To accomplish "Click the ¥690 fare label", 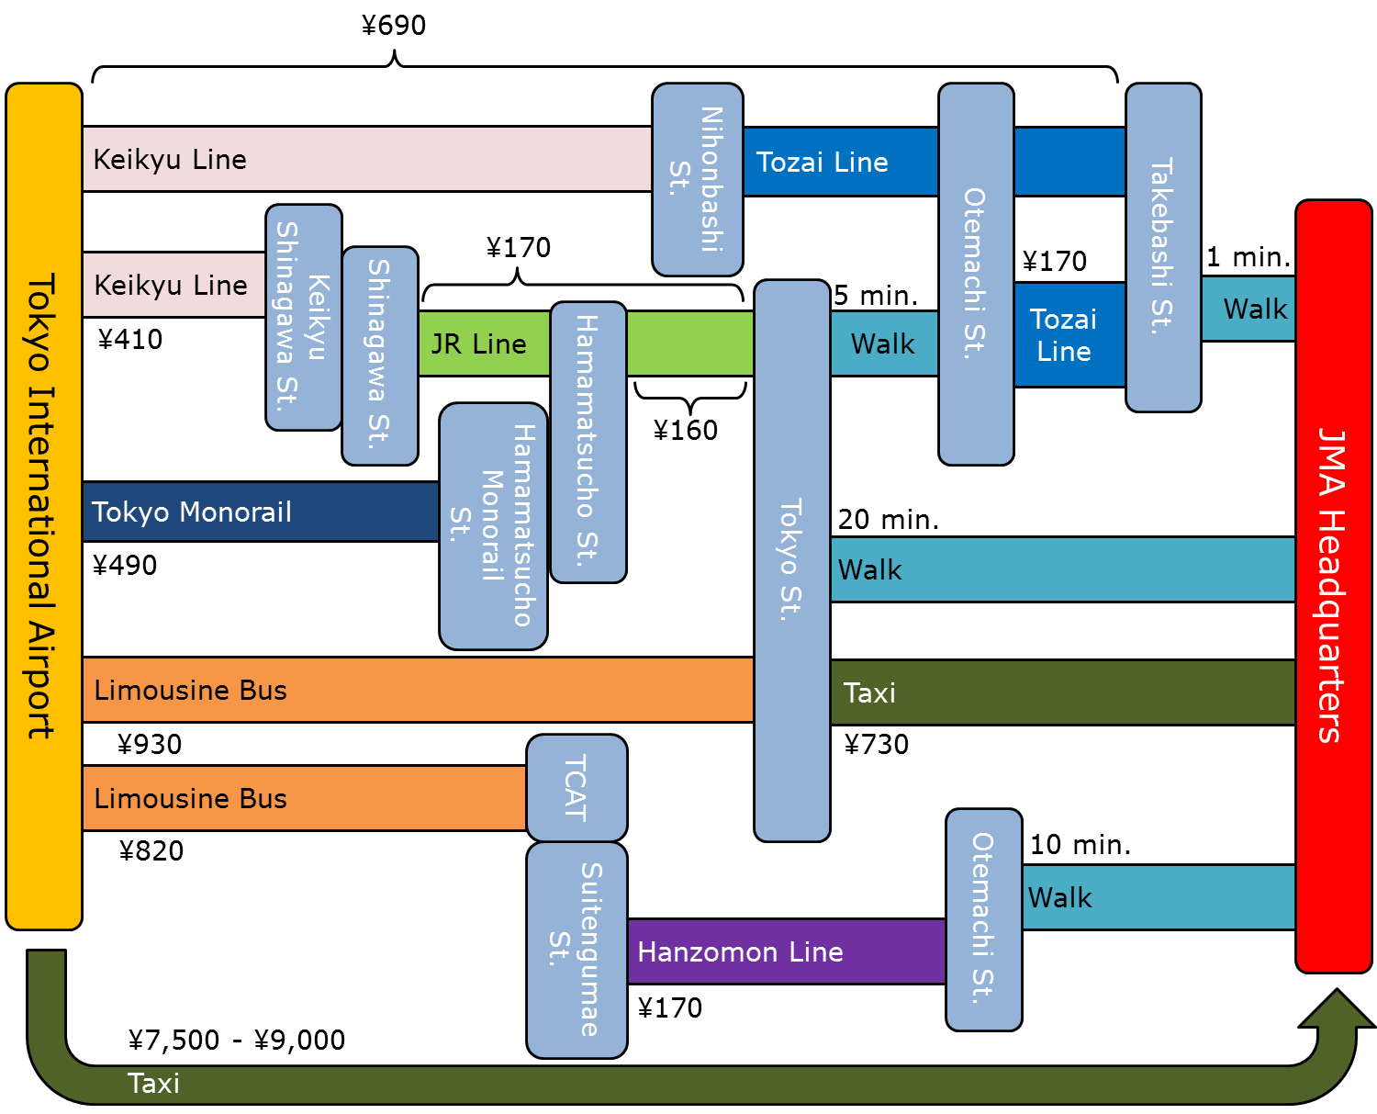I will [394, 25].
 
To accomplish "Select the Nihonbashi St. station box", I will [698, 179].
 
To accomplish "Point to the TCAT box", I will [577, 787].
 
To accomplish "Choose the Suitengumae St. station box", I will [577, 950].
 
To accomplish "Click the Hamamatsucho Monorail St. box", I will [493, 525].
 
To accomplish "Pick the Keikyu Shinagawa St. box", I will [303, 317].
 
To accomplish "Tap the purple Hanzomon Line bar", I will [786, 951].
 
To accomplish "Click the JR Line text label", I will [478, 344].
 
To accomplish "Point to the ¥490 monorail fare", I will [125, 565].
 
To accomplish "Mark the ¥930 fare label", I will [150, 744].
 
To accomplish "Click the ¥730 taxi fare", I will [877, 744].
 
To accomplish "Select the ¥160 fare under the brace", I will [686, 430].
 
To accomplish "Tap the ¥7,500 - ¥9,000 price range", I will [237, 1040].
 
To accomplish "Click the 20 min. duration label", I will [888, 520].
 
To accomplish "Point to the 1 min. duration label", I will [1248, 257].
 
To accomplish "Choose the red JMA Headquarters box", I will [1333, 586].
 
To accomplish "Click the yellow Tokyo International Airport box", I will [43, 505].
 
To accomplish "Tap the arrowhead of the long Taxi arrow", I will [1338, 1010].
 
